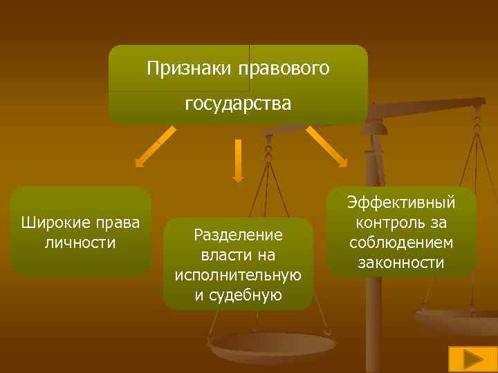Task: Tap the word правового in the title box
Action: point(284,69)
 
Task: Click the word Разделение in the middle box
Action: point(238,235)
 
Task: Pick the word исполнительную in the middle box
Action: point(238,276)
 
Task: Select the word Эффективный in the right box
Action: point(401,203)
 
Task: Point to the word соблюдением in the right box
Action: point(401,243)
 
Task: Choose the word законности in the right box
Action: point(401,263)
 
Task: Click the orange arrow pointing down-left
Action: point(153,147)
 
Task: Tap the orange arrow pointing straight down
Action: point(238,160)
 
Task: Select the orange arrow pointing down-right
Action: point(326,146)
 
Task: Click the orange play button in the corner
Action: point(472,359)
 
